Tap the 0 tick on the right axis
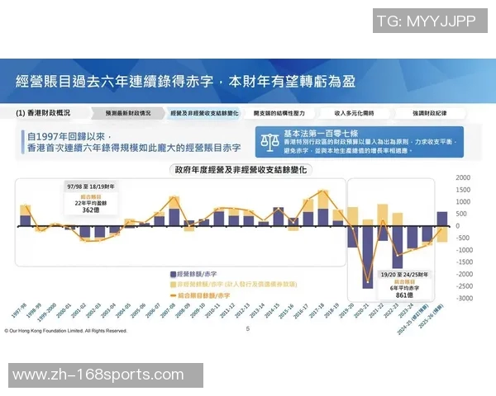click(468, 225)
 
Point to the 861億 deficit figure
click(404, 293)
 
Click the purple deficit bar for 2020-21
click(367, 255)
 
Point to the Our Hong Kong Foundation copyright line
click(66, 330)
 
